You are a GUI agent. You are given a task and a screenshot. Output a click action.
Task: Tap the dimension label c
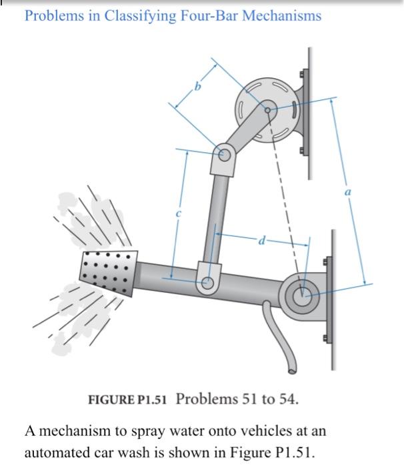click(x=178, y=213)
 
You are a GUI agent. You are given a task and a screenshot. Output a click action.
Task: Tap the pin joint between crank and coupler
click(x=225, y=155)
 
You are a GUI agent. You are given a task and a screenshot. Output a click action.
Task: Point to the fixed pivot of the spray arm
click(x=302, y=292)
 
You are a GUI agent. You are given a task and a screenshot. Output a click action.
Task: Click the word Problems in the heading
click(x=51, y=15)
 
